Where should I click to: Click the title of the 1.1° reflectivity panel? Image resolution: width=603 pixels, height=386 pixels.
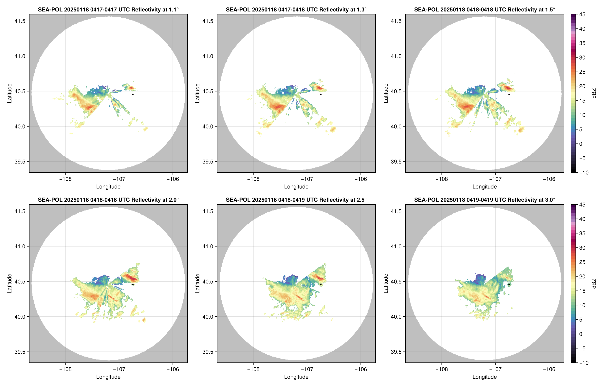(108, 9)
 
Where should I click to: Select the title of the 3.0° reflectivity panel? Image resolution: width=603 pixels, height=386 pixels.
(484, 200)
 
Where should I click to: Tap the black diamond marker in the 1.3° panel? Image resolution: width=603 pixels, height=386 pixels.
(321, 95)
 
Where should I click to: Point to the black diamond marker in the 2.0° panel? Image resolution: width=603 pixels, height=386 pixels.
(133, 285)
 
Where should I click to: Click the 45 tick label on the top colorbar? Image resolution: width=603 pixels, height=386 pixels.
(582, 15)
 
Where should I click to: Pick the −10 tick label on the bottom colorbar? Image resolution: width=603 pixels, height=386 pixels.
(584, 363)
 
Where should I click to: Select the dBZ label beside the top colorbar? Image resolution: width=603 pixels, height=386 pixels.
(594, 93)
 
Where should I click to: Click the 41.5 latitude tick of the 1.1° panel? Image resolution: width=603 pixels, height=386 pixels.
(20, 21)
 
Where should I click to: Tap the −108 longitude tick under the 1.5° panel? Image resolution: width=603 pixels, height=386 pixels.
(442, 179)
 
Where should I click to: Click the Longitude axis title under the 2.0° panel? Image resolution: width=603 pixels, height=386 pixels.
(108, 377)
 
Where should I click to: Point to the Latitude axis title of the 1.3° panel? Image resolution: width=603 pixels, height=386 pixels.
(198, 93)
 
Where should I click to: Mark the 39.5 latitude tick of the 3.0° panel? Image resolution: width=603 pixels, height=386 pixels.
(396, 352)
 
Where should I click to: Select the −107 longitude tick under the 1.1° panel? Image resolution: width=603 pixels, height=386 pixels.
(119, 179)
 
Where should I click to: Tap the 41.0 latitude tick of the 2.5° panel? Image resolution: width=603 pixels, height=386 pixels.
(208, 246)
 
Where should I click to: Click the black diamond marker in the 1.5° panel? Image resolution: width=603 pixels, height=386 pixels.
(509, 95)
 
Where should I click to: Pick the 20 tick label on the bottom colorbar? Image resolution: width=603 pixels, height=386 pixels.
(582, 276)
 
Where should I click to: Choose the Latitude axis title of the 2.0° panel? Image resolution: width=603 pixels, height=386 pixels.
(9, 284)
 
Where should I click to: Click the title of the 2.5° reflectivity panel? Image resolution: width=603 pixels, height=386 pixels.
(296, 200)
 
